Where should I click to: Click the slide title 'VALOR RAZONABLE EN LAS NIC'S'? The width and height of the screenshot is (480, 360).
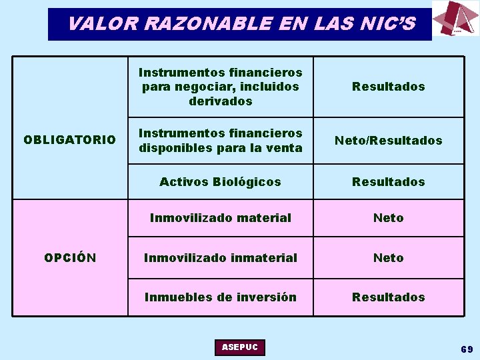[241, 24]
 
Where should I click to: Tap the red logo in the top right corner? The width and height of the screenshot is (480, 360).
[455, 19]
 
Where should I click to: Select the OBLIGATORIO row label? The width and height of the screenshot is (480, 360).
[69, 140]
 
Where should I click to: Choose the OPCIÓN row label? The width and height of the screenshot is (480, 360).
[69, 257]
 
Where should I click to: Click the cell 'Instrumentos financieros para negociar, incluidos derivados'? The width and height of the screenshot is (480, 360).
[220, 87]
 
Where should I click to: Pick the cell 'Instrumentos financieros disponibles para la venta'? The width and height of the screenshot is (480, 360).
[220, 140]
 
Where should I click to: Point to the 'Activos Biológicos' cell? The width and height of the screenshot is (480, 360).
[220, 181]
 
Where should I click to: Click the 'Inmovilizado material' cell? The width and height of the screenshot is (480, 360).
[220, 217]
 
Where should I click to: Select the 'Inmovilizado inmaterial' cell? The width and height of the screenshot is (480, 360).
[220, 257]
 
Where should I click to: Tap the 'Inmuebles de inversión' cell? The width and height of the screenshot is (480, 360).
[220, 297]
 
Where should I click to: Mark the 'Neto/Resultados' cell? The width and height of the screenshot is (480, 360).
[388, 140]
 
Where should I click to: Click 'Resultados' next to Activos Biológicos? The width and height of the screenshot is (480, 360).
[388, 181]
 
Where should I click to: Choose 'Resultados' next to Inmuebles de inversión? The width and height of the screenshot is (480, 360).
[388, 297]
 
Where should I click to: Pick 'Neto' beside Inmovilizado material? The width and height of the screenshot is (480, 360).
[388, 217]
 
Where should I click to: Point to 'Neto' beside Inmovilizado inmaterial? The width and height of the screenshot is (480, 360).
[388, 257]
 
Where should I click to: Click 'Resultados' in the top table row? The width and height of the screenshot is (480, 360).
[388, 87]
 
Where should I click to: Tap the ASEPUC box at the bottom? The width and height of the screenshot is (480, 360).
[240, 347]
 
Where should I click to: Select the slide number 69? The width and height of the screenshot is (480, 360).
[466, 349]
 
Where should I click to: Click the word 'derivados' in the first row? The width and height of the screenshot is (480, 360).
[220, 101]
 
